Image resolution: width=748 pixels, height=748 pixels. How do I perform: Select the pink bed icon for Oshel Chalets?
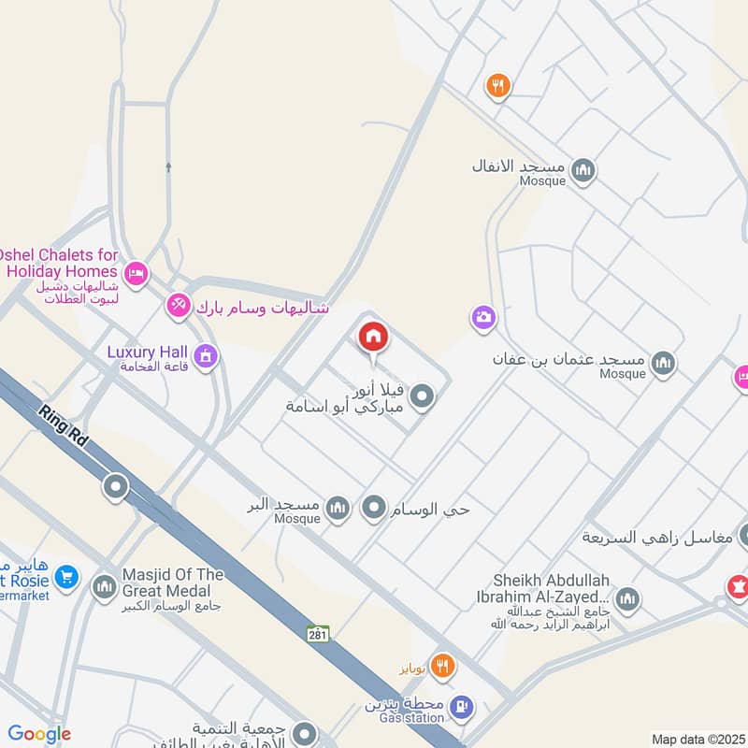[136, 274]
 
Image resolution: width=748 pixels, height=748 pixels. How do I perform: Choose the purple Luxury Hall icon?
[207, 355]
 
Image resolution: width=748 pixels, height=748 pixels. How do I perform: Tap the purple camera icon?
[483, 318]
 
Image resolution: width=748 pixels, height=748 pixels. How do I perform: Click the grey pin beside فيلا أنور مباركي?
[423, 398]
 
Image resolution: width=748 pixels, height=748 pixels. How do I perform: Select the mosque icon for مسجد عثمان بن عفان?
[663, 363]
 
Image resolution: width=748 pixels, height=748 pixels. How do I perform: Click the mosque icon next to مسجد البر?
[338, 508]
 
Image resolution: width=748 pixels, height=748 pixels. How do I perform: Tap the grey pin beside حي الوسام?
[375, 508]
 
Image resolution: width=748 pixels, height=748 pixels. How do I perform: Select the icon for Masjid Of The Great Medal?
[104, 587]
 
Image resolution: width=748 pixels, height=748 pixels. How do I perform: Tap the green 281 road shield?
[318, 634]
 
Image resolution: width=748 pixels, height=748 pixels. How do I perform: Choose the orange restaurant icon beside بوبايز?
[443, 667]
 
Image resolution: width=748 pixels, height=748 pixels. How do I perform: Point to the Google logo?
[39, 735]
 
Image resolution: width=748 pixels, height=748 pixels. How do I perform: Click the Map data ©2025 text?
[697, 739]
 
